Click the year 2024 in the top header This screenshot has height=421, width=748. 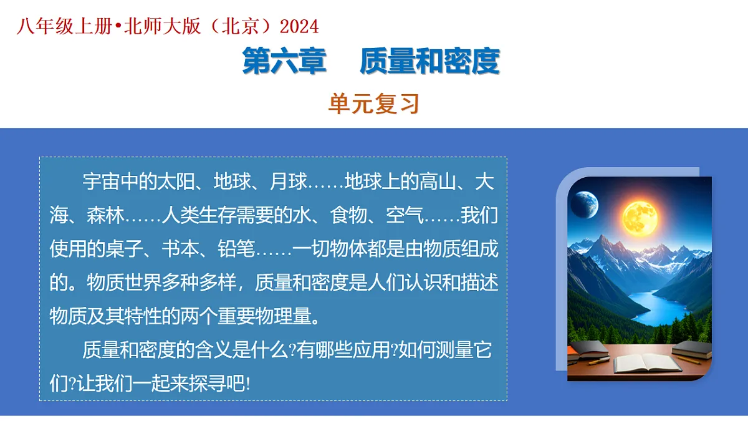pyautogui.click(x=299, y=26)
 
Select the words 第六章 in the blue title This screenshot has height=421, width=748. pyautogui.click(x=284, y=61)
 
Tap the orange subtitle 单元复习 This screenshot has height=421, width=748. pyautogui.click(x=374, y=104)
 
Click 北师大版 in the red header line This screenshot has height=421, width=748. pyautogui.click(x=162, y=26)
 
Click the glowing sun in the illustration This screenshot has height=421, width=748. pyautogui.click(x=640, y=216)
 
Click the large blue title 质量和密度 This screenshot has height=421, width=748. pyautogui.click(x=429, y=61)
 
